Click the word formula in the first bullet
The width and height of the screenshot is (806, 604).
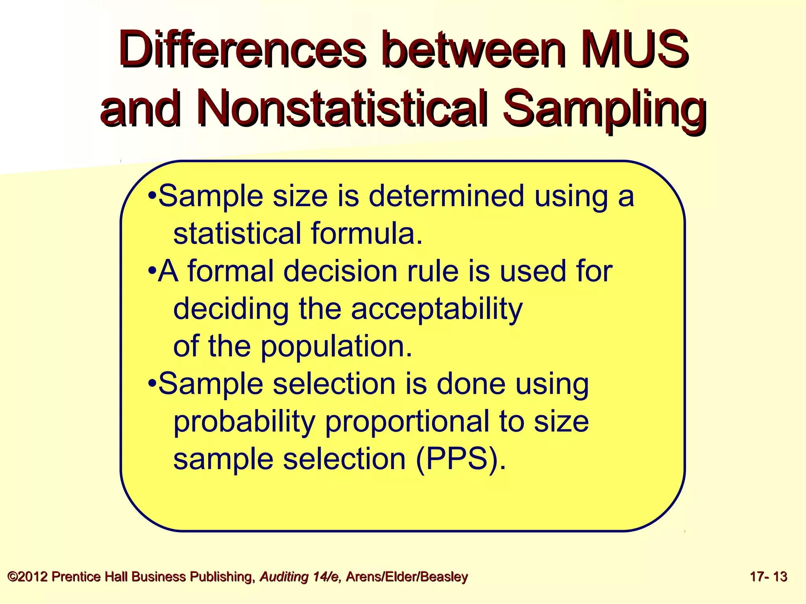click(x=366, y=233)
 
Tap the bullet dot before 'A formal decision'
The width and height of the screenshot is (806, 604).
click(x=152, y=271)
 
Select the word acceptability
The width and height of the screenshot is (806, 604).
click(x=436, y=309)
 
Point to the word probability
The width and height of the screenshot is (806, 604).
click(x=244, y=422)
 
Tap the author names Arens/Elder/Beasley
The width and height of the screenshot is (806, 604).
click(x=407, y=577)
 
